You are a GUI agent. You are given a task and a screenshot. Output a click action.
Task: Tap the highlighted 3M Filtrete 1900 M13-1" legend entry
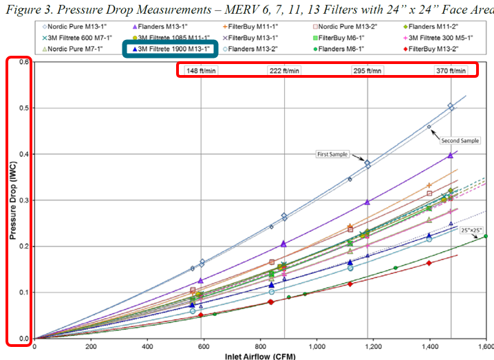point(169,49)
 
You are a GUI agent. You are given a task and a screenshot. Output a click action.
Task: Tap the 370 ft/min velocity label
point(451,70)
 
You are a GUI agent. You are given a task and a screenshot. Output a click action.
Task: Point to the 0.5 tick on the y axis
point(25,108)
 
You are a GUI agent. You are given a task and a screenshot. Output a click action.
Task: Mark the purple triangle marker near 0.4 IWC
point(450,155)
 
